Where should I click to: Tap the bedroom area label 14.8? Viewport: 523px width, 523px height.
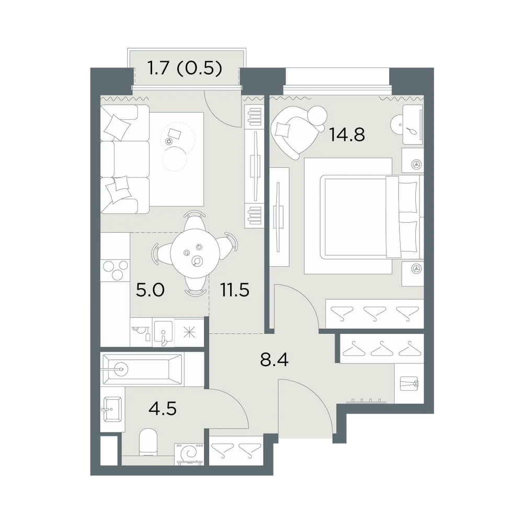[x=347, y=135]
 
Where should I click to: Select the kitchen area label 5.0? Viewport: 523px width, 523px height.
[x=150, y=290]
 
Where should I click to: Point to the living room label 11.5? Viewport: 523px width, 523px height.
[x=234, y=290]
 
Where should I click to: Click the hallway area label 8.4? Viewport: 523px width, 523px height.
[x=274, y=360]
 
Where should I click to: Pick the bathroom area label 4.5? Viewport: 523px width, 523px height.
[x=163, y=408]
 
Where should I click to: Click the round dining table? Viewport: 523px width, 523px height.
[x=195, y=253]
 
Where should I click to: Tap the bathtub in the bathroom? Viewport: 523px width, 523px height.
[x=142, y=369]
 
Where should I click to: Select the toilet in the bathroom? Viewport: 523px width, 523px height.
[x=148, y=442]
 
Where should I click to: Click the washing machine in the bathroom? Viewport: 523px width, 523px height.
[x=189, y=454]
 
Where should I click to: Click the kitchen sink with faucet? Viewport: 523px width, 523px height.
[x=163, y=332]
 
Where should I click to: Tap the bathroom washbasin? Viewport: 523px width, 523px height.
[x=112, y=408]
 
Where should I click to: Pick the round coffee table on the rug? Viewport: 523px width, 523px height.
[x=174, y=158]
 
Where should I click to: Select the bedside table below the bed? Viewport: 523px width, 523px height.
[x=412, y=274]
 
